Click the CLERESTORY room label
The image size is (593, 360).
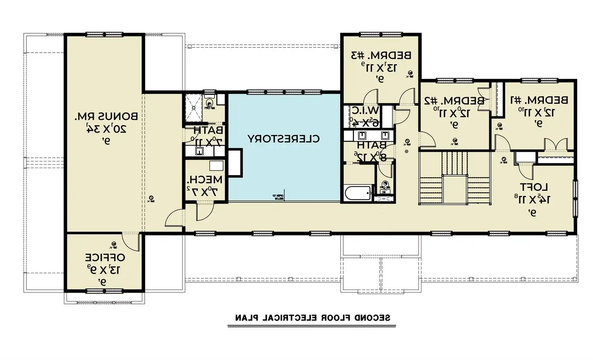click(x=284, y=139)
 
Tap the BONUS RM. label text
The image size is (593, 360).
click(x=106, y=116)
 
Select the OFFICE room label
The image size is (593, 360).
click(x=105, y=257)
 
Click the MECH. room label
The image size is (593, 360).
click(x=205, y=180)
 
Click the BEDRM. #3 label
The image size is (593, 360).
click(x=381, y=55)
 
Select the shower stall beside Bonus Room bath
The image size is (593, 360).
click(x=193, y=107)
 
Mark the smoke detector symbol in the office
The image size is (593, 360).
click(x=113, y=244)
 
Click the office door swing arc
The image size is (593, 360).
click(x=130, y=242)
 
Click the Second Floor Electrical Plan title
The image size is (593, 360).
click(x=312, y=318)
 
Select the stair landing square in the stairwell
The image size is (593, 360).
click(x=455, y=189)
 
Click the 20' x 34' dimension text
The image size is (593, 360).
click(x=106, y=129)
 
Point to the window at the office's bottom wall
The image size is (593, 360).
click(x=104, y=291)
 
